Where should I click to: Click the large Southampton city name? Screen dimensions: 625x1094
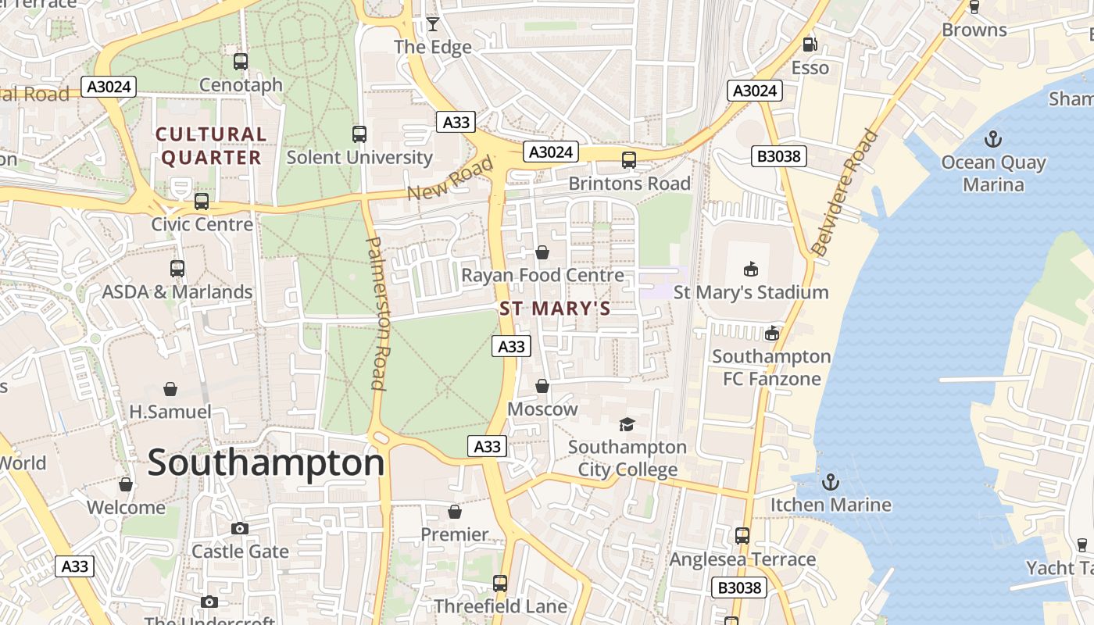pos(266,462)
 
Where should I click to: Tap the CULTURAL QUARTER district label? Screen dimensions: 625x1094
pos(211,146)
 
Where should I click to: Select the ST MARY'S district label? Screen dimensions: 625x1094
pos(555,309)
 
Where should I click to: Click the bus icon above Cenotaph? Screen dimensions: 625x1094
pos(241,61)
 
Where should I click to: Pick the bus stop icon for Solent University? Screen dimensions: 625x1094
pos(359,134)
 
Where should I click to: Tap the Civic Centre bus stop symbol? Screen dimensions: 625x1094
pos(202,201)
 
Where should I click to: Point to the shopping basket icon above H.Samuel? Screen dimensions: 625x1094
pos(170,388)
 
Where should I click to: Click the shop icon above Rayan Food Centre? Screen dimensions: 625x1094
pos(542,252)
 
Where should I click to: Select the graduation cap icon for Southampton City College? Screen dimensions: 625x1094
pos(627,424)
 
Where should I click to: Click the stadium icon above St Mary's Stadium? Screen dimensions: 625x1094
pos(751,269)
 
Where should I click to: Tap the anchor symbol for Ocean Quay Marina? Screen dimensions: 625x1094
pos(992,140)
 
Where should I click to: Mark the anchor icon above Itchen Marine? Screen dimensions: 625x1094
pos(831,481)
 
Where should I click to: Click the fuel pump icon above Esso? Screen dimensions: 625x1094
pos(810,45)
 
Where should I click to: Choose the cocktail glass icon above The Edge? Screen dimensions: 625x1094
pos(432,24)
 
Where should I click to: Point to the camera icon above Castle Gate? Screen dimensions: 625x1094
pos(240,528)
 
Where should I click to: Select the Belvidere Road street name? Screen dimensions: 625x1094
pos(845,193)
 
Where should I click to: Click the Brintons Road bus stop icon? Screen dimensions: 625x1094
pos(629,160)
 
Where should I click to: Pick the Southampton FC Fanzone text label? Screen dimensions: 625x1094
pos(770,367)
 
